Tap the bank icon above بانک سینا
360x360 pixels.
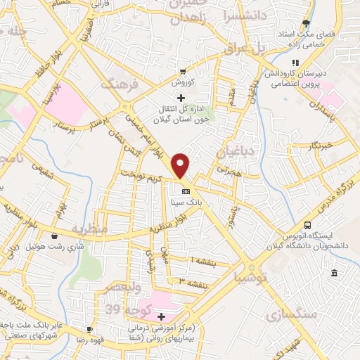point(186,191)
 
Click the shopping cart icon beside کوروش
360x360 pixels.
point(182,72)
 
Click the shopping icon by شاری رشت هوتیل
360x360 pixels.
point(56,236)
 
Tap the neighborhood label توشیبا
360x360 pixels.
point(245,276)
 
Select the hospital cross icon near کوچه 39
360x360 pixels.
point(161,317)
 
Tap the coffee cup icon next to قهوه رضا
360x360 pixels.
point(89,329)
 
